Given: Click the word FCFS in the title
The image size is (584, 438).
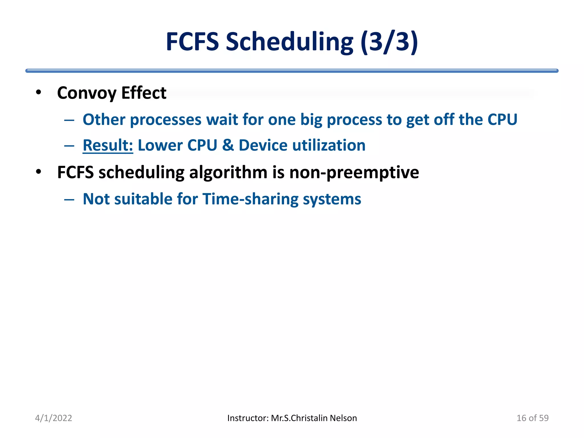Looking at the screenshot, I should pos(192,42).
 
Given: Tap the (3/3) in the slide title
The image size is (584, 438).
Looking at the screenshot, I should pos(389,42).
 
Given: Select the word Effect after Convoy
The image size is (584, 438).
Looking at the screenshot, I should pos(144,93).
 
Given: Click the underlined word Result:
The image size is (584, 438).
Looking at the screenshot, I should pos(108,145).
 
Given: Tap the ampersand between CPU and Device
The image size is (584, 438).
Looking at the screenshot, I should pos(228,145).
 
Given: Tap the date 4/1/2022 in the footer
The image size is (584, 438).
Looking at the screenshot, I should pos(53,418).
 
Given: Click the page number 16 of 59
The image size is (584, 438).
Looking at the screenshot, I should pos(532,418).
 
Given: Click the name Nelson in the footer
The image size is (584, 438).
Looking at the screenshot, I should pos(343,418).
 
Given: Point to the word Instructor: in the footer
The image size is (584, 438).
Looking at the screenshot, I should pos(248,418).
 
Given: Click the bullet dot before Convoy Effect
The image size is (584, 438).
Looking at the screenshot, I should pos(38,92).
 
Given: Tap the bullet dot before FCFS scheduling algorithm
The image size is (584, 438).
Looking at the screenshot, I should pos(38,172).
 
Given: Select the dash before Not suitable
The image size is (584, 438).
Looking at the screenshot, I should pos(69,200).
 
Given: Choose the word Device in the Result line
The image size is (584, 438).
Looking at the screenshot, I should pos(263,145).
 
